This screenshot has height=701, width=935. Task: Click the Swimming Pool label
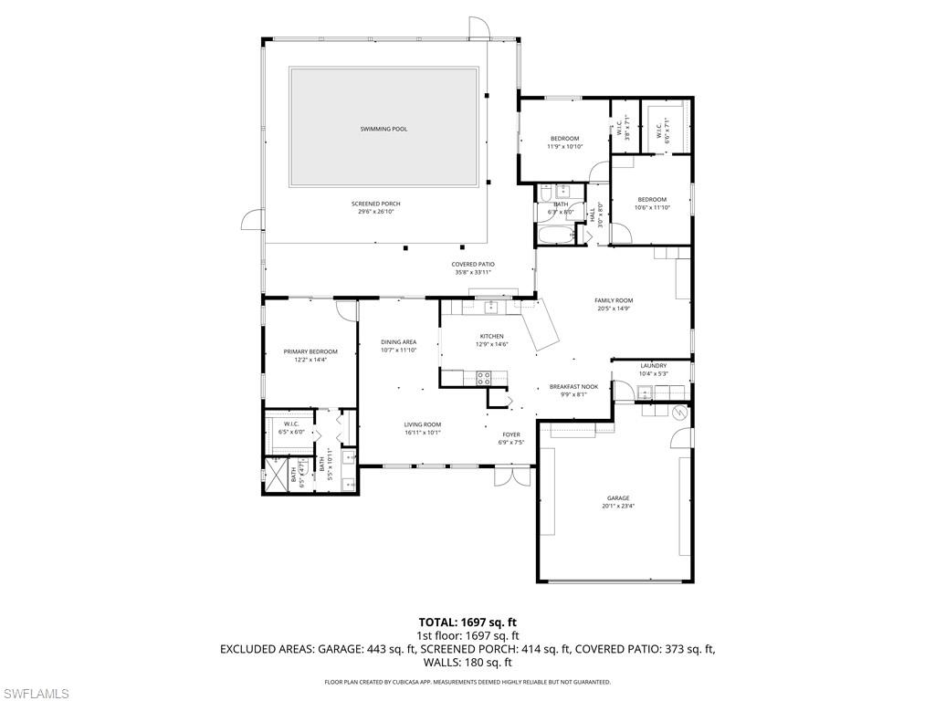click(383, 130)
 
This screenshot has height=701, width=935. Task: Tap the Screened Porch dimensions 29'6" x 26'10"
click(376, 212)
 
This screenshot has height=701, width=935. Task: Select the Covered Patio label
click(472, 265)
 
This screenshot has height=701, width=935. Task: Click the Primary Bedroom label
click(310, 351)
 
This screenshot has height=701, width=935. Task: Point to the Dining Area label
click(398, 342)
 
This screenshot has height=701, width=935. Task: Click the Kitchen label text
click(492, 336)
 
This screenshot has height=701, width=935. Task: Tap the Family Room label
click(614, 300)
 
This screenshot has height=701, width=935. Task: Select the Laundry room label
click(654, 366)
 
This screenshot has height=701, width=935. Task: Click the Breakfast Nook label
click(573, 387)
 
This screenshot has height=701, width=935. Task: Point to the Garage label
click(618, 498)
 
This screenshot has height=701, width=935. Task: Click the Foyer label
click(511, 434)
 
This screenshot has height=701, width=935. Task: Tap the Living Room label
click(423, 424)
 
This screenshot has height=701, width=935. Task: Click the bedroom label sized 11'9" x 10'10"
click(564, 139)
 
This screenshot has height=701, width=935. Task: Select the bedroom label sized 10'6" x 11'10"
click(652, 199)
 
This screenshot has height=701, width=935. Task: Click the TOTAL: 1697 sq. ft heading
click(467, 623)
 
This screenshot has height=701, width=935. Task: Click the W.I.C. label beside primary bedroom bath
click(292, 424)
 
